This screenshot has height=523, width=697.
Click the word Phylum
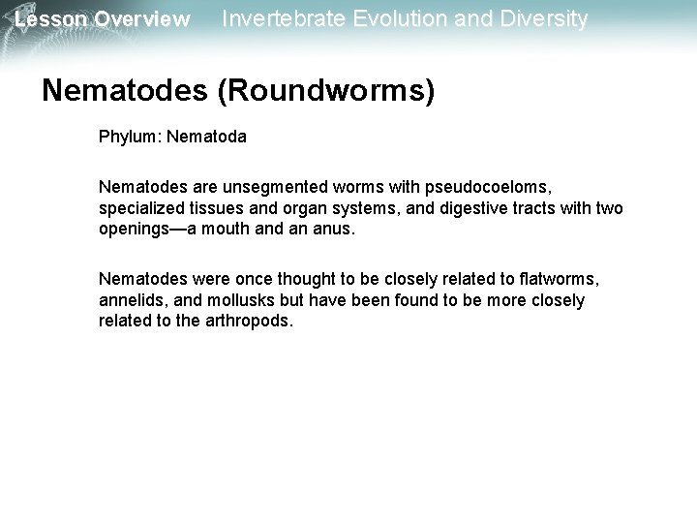click(x=130, y=137)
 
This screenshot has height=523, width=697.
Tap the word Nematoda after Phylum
click(x=206, y=137)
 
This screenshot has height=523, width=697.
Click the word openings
click(x=135, y=229)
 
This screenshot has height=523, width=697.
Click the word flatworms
click(x=556, y=279)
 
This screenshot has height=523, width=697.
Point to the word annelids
click(x=132, y=300)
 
